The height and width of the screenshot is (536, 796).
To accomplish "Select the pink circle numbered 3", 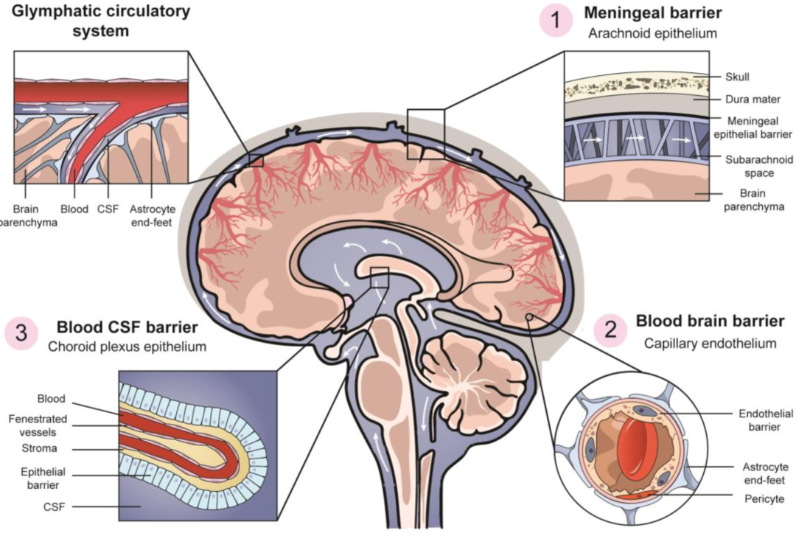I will tap(22, 333).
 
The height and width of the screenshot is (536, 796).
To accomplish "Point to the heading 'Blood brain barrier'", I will tap(710, 321).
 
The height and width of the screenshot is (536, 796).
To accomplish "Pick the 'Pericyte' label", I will tap(757, 499).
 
